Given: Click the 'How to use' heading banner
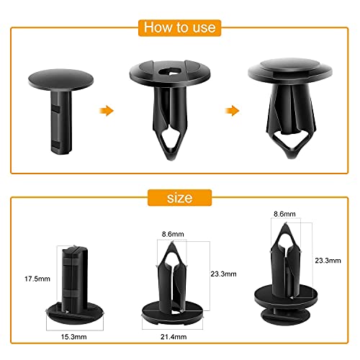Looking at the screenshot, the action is pyautogui.click(x=179, y=28).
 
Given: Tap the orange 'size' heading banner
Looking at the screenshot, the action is pyautogui.click(x=179, y=198).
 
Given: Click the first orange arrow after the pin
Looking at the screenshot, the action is pyautogui.click(x=106, y=111).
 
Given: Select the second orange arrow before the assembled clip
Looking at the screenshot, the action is pyautogui.click(x=232, y=111).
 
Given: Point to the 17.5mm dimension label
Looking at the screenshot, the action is pyautogui.click(x=37, y=279).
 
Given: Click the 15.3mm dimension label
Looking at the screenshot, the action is pyautogui.click(x=73, y=337).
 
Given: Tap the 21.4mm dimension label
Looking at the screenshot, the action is pyautogui.click(x=174, y=337).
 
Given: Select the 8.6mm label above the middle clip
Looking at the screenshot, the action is pyautogui.click(x=173, y=234).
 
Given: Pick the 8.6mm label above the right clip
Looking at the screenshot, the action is pyautogui.click(x=284, y=214).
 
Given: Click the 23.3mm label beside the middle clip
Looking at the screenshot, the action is pyautogui.click(x=223, y=274).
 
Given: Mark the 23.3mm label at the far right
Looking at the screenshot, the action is pyautogui.click(x=328, y=261).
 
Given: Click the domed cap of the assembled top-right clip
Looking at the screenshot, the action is pyautogui.click(x=290, y=64).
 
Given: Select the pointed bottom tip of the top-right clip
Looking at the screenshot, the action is pyautogui.click(x=291, y=157).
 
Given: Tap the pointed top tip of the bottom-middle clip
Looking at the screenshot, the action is pyautogui.click(x=172, y=243).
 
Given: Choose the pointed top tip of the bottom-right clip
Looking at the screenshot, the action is pyautogui.click(x=286, y=224).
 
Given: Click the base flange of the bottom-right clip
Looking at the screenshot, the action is pyautogui.click(x=286, y=297).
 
